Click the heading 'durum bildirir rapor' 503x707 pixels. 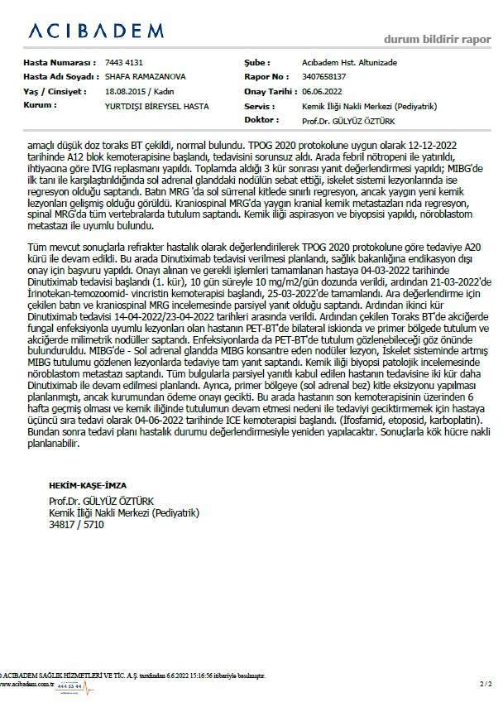pos(438,39)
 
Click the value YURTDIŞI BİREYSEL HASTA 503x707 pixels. pos(156,107)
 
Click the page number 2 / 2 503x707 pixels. pos(485,684)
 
